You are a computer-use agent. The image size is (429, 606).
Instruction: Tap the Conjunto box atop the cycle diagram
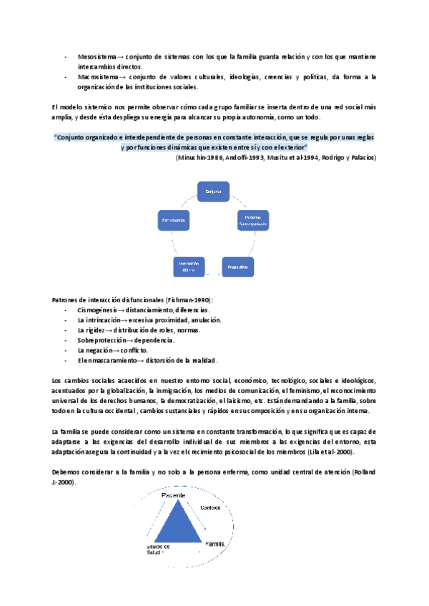[x=214, y=192]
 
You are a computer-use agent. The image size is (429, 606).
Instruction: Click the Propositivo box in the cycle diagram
[x=237, y=267]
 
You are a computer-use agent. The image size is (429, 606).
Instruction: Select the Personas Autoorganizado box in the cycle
[x=252, y=221]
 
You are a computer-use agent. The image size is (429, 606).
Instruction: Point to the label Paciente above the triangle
[x=174, y=495]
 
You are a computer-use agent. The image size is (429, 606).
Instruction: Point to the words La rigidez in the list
[x=93, y=330]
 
